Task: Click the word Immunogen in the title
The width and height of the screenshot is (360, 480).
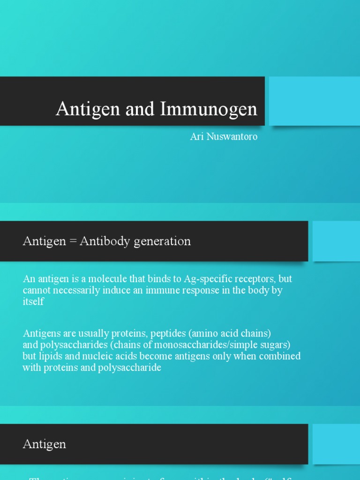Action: pyautogui.click(x=209, y=109)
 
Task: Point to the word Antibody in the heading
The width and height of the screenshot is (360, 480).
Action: pyautogui.click(x=101, y=241)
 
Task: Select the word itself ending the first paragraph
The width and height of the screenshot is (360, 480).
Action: pyautogui.click(x=33, y=301)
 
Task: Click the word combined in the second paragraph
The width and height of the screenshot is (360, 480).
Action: pyautogui.click(x=281, y=356)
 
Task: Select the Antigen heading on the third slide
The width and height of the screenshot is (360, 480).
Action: pyautogui.click(x=45, y=444)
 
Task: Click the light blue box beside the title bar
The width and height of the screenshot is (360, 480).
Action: pyautogui.click(x=314, y=101)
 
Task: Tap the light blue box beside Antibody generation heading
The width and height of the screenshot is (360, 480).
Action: pyautogui.click(x=336, y=241)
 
